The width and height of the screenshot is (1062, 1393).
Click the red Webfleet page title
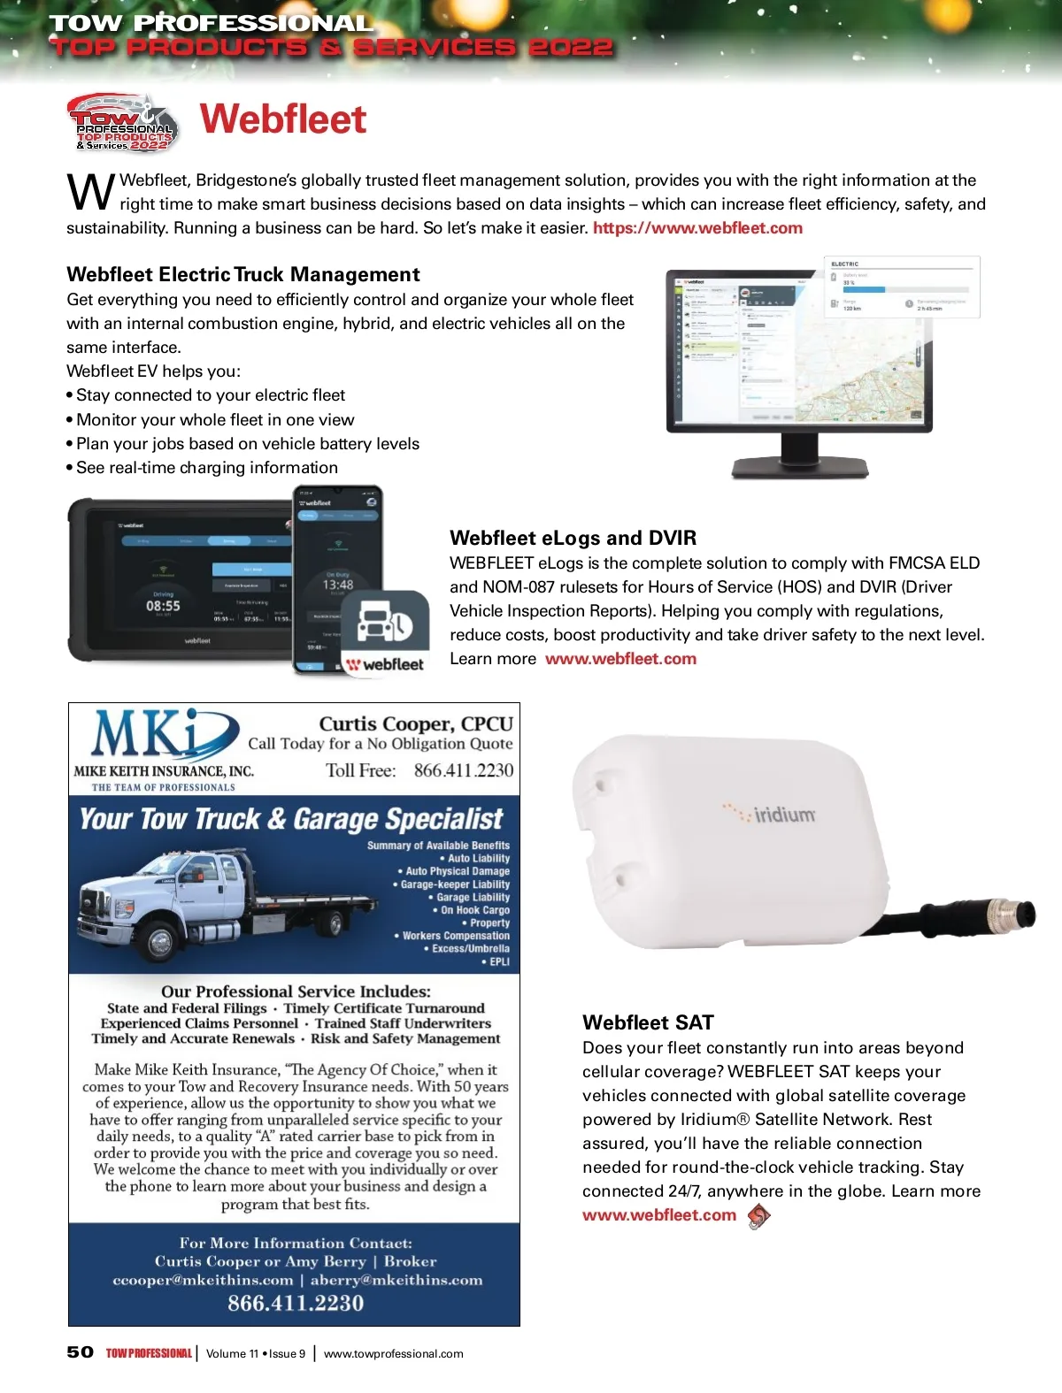point(283,119)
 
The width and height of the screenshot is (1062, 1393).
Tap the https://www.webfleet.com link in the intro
point(697,228)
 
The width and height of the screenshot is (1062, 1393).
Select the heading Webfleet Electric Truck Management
point(243,274)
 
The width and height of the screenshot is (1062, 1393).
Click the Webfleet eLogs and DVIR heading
point(573,538)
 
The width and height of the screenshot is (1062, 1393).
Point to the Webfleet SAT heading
point(648,1022)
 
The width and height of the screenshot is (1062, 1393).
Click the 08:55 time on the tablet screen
point(163,606)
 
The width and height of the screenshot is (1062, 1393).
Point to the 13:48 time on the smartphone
point(337,585)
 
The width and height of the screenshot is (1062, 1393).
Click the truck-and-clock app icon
point(384,623)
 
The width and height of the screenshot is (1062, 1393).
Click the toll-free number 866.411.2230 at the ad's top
point(463,770)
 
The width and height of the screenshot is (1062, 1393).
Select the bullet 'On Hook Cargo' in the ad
point(475,910)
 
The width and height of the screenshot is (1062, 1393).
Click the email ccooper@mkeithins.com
point(204,1280)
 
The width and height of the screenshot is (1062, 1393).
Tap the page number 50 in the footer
point(80,1352)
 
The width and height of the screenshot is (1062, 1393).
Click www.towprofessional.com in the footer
point(394,1353)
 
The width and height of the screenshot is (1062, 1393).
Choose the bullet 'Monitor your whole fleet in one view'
point(215,420)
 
